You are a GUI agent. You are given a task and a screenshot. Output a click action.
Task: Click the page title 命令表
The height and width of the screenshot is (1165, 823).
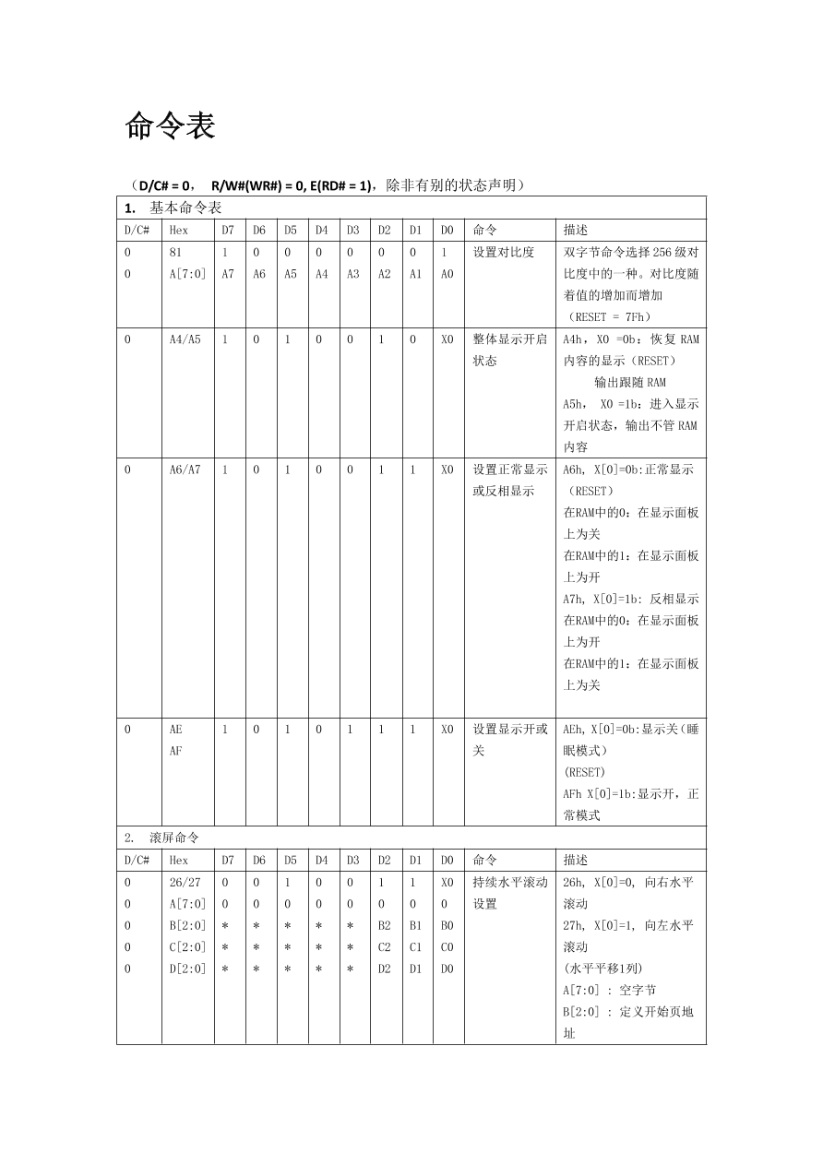click(170, 126)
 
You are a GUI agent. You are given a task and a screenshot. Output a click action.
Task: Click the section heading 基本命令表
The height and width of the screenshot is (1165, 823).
click(185, 208)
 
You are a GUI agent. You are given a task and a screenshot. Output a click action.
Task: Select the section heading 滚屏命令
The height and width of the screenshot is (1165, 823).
click(174, 838)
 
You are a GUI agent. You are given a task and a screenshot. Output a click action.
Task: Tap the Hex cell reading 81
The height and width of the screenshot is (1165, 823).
click(176, 252)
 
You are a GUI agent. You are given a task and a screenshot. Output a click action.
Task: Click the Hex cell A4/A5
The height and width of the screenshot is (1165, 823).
click(185, 339)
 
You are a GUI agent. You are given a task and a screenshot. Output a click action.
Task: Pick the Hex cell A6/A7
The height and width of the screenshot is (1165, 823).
click(185, 470)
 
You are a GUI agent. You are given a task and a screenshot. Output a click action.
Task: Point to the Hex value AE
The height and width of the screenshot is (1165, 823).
click(176, 729)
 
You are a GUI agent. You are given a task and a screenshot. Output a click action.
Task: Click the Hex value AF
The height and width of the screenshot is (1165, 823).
click(176, 751)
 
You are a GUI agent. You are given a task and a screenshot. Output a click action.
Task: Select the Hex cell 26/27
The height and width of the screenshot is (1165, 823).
click(185, 882)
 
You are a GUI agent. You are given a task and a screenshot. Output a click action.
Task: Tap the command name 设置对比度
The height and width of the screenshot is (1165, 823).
click(504, 252)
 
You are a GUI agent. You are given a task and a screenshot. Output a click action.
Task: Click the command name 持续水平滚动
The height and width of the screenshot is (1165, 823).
click(510, 882)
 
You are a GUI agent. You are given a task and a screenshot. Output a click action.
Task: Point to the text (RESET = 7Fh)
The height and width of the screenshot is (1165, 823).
click(610, 316)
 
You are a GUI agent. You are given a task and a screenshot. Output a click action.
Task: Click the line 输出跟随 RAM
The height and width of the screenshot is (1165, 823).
click(630, 382)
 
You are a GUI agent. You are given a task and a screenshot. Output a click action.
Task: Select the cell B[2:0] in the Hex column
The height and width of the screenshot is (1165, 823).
click(188, 925)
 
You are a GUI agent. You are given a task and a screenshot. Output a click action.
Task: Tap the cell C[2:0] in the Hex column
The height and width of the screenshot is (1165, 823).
click(188, 946)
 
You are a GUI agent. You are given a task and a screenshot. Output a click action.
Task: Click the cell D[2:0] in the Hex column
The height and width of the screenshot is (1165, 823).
click(188, 969)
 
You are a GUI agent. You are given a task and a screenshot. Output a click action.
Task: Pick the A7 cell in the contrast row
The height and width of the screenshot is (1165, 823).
click(228, 274)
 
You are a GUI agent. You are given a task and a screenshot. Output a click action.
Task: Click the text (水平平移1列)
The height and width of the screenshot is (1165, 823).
click(603, 969)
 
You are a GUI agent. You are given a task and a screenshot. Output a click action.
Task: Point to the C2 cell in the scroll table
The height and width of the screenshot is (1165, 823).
click(385, 946)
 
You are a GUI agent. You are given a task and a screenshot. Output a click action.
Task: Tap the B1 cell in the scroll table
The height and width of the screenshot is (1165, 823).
click(415, 925)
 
